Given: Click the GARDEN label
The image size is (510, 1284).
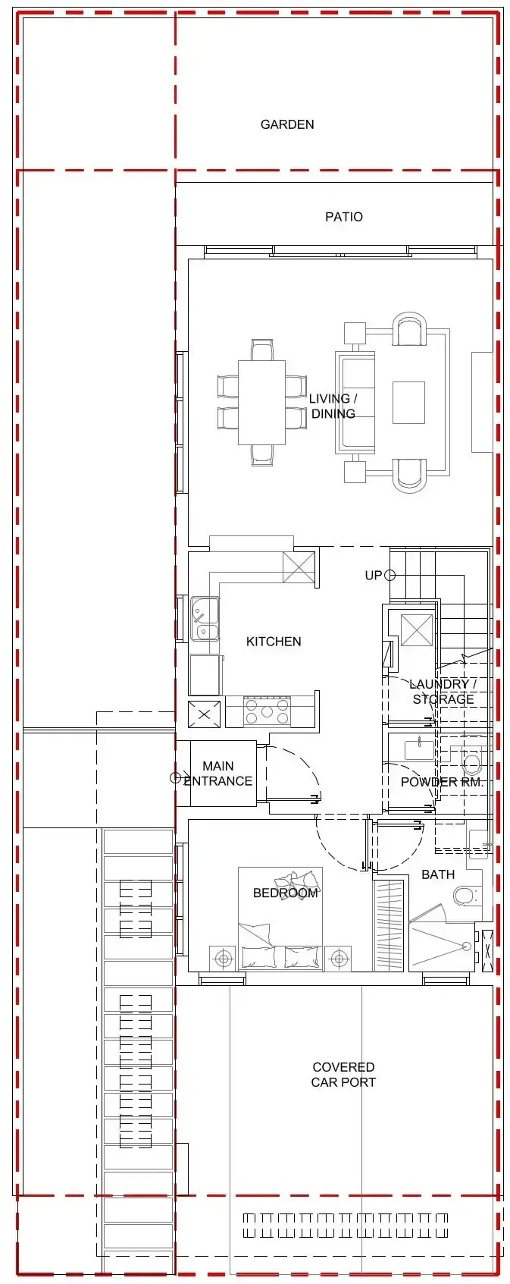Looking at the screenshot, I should click(286, 124).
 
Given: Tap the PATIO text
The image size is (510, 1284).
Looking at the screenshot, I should click(343, 217).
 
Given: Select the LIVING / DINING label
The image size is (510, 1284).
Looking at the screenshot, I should click(333, 406).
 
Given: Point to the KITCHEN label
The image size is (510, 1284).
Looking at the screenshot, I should click(274, 642).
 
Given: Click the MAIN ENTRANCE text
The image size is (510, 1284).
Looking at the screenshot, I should click(217, 774).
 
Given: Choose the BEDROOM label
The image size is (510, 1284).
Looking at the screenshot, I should click(285, 893).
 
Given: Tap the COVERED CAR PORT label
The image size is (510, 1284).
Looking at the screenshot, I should click(343, 1075).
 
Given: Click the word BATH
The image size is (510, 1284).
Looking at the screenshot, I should click(438, 874).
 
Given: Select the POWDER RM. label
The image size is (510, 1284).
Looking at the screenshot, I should click(441, 781).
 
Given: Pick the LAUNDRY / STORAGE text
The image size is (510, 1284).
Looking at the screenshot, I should click(443, 692).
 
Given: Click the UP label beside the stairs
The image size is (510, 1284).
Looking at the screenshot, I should click(374, 576).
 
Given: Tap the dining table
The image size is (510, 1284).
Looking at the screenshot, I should click(261, 402).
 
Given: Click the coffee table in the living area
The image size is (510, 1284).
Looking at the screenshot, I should click(408, 402).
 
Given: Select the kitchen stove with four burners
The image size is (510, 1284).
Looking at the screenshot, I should click(267, 711).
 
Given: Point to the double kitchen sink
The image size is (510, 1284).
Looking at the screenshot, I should click(205, 619).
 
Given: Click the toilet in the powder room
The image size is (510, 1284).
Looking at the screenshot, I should click(472, 761).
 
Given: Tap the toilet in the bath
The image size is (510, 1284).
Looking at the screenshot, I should click(465, 896).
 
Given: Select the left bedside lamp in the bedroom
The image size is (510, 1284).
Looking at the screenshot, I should click(223, 959).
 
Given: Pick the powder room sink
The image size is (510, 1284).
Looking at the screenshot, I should click(419, 749).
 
